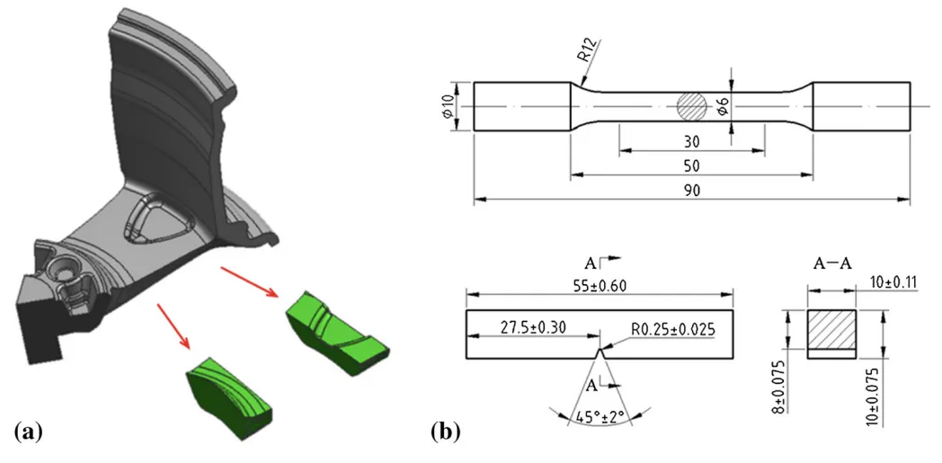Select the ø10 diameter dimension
point(449,107)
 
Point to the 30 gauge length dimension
point(692,142)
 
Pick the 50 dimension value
point(692,166)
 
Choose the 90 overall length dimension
point(692,190)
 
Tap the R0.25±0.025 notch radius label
point(665,330)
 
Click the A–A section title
point(832,264)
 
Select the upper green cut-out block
point(337,326)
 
